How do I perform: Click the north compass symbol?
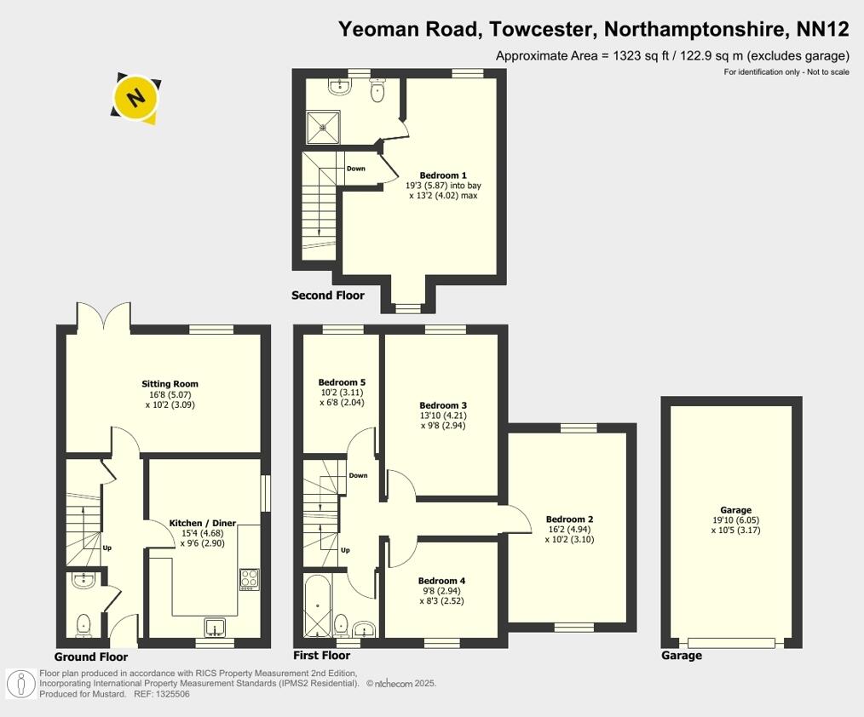tap(135, 99)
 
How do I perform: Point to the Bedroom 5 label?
tap(342, 382)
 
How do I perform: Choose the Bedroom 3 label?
tap(443, 405)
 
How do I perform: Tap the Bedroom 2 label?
tap(569, 519)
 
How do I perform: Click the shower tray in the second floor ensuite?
tap(324, 129)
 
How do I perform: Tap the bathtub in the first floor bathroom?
tap(315, 605)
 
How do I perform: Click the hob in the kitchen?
tap(250, 579)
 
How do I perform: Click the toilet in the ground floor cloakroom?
tap(84, 626)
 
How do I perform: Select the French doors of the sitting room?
tap(104, 317)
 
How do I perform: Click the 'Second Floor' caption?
tap(328, 295)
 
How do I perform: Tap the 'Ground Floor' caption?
tap(91, 657)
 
